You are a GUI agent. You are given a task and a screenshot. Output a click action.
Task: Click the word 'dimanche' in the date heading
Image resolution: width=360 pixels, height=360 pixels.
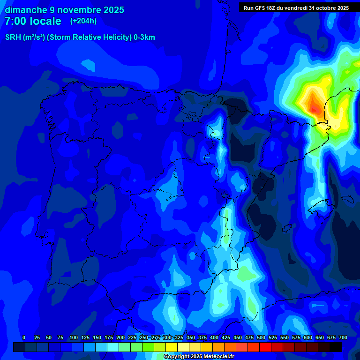[x=25, y=10]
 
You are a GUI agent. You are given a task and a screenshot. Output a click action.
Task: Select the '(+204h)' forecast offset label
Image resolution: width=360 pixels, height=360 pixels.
[x=83, y=21]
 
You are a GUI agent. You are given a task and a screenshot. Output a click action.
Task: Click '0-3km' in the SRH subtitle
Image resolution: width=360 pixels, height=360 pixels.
[x=144, y=37]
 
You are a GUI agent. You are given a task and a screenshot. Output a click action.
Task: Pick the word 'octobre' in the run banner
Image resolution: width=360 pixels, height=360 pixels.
[x=325, y=8]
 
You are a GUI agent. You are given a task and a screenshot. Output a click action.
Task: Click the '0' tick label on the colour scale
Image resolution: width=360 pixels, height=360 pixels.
[x=24, y=337]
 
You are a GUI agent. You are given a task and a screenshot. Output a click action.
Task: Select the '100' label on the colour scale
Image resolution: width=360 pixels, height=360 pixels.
[x=74, y=337]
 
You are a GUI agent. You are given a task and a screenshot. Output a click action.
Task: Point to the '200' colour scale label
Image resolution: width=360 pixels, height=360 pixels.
[x=120, y=337]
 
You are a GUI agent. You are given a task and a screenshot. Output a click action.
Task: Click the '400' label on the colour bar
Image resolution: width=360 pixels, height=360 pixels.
[x=214, y=337]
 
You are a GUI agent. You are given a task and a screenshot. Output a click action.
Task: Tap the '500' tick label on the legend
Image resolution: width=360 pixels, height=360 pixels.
[x=261, y=337]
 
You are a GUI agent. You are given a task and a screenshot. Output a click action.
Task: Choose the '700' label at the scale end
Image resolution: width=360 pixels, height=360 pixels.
[x=343, y=337]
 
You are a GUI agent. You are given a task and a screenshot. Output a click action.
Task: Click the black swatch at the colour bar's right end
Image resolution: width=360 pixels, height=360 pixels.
[x=336, y=347]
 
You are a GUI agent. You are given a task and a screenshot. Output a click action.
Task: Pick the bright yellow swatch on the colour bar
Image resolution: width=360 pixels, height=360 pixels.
[x=172, y=347]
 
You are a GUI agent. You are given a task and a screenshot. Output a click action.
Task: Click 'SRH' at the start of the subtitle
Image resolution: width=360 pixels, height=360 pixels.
[x=13, y=37]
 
